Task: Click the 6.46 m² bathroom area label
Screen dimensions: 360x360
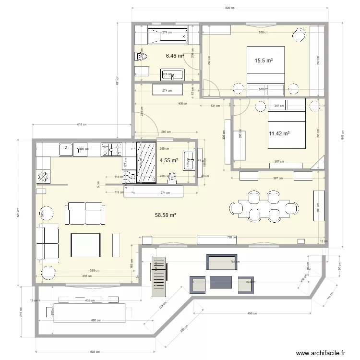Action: coord(175,56)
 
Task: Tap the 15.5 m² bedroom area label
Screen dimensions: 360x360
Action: coord(264,60)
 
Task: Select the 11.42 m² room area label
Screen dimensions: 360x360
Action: coord(279,134)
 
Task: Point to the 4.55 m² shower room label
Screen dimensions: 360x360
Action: coord(168,160)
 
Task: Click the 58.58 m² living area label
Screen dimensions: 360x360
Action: coord(166,216)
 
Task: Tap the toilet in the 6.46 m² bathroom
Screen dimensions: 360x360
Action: coord(141,57)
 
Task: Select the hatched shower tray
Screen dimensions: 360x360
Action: coord(146,162)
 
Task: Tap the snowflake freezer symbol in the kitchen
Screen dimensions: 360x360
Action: coord(43,176)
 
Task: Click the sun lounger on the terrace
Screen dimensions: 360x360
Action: coord(158,276)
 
